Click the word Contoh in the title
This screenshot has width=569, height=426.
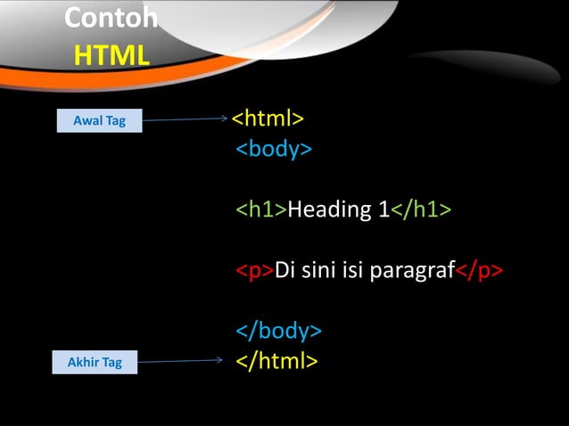(111, 18)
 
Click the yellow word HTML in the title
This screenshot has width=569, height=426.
(111, 56)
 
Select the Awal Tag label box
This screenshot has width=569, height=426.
(99, 120)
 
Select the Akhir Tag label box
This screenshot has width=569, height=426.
(95, 362)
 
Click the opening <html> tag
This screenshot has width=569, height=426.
(268, 119)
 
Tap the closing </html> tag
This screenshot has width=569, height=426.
(276, 361)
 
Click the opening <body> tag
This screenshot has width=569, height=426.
(274, 149)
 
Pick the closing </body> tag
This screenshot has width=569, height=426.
(278, 331)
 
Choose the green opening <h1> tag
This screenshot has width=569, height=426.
(260, 209)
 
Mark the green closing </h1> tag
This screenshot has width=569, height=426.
(422, 209)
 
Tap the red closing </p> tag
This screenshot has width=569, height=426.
(480, 270)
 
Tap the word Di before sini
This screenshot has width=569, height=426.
(285, 270)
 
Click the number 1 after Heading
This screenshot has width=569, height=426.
(382, 209)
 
